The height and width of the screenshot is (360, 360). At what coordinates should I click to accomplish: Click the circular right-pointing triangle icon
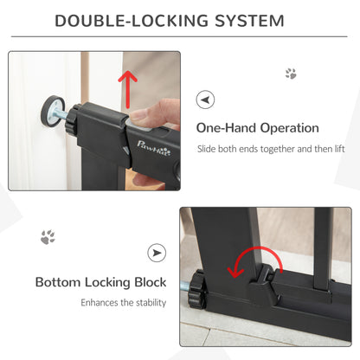click(x=157, y=253)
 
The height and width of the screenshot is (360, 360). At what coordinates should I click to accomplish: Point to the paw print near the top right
click(x=291, y=74)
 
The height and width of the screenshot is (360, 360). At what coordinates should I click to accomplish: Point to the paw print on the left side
click(x=48, y=236)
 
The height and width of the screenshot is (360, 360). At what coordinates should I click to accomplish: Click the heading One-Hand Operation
click(x=257, y=128)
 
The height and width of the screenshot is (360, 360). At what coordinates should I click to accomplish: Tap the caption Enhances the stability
click(x=119, y=303)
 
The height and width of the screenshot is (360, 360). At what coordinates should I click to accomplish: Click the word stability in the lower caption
click(x=139, y=303)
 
